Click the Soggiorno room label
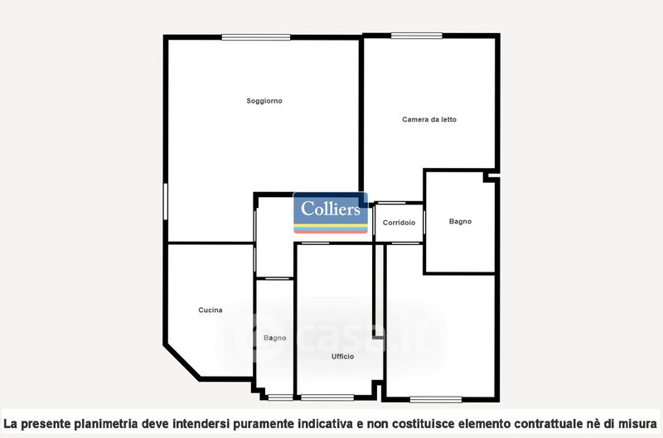click(x=264, y=101)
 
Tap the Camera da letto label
click(x=429, y=119)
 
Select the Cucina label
click(x=211, y=310)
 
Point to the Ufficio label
click(x=342, y=357)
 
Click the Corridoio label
click(x=399, y=223)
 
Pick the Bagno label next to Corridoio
click(x=460, y=221)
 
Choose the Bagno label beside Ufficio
click(x=275, y=338)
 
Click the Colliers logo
click(x=331, y=213)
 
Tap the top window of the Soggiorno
click(x=256, y=37)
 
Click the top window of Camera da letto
click(x=417, y=36)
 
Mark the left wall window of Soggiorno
click(x=165, y=201)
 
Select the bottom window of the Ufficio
click(x=327, y=398)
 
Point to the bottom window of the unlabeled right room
click(x=436, y=400)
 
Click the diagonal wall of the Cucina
click(x=182, y=361)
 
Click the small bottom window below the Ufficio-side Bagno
click(x=280, y=397)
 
